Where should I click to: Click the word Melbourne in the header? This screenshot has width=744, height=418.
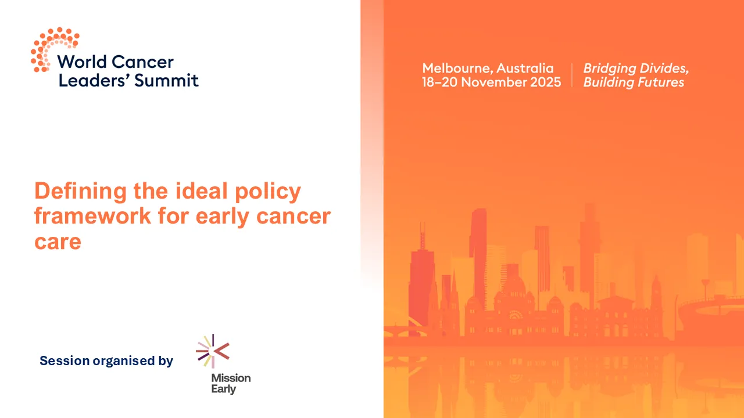click(456, 68)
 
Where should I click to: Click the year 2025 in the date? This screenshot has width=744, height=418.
click(545, 82)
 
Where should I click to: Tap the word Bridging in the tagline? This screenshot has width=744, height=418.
click(610, 68)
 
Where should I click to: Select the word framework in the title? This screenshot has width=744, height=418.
click(85, 216)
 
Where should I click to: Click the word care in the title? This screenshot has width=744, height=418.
click(58, 241)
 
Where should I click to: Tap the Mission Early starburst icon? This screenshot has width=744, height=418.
click(212, 351)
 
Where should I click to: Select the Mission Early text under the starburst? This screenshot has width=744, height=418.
click(231, 383)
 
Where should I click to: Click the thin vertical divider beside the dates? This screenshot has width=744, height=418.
click(572, 75)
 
